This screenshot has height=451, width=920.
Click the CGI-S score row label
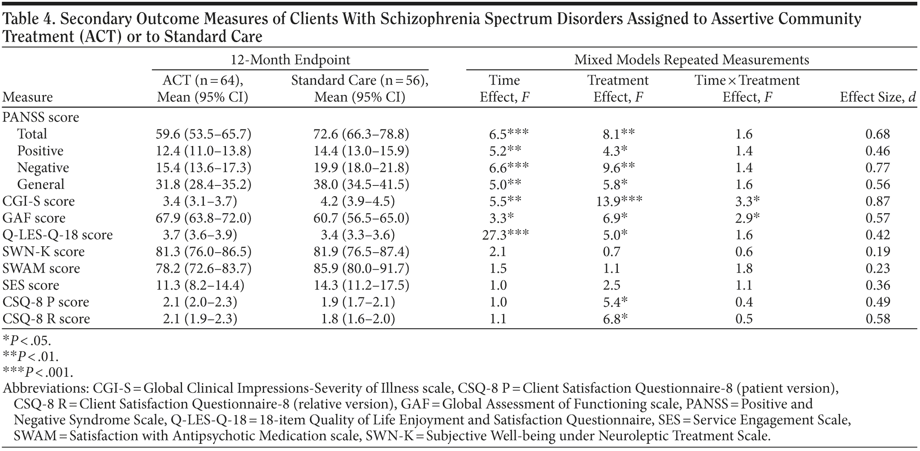tap(39, 201)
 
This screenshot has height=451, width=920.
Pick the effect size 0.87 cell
tap(877, 201)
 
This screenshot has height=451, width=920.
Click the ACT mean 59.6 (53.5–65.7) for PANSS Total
tap(203, 134)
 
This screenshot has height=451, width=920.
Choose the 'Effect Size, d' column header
tap(877, 97)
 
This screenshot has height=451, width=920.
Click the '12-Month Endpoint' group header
tap(290, 60)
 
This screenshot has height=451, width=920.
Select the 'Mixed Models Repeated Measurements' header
tap(691, 60)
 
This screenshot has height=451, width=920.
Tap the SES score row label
tap(31, 285)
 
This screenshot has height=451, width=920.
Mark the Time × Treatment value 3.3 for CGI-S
tap(747, 201)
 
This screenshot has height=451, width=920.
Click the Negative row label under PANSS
tap(43, 168)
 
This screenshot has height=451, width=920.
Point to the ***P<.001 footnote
tap(38, 372)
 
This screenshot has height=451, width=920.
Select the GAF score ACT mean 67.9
tap(203, 218)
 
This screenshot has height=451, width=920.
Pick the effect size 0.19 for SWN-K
tap(877, 252)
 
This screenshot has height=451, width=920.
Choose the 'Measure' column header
tap(28, 97)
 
